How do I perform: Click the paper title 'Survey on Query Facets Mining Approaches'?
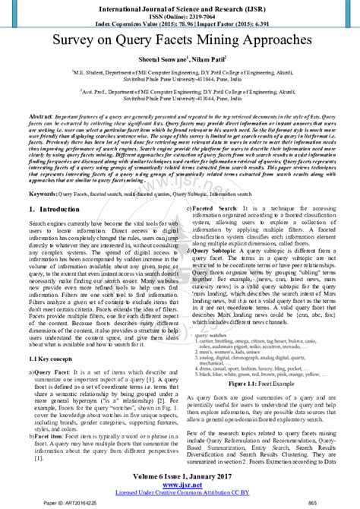point(180,37)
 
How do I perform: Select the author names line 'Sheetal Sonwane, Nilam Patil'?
point(180,58)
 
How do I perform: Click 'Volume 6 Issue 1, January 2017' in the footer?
point(180,476)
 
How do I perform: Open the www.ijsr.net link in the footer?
point(180,484)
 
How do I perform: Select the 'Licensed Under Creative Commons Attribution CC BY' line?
point(180,492)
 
